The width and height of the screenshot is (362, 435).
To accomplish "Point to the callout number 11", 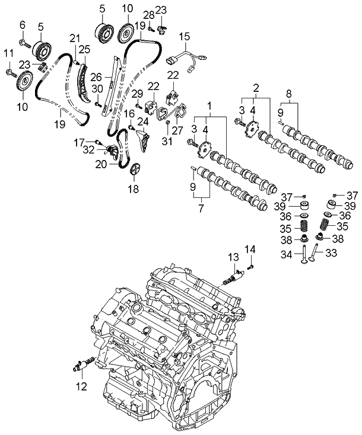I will [8, 54].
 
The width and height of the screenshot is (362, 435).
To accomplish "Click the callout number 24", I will [143, 122].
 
